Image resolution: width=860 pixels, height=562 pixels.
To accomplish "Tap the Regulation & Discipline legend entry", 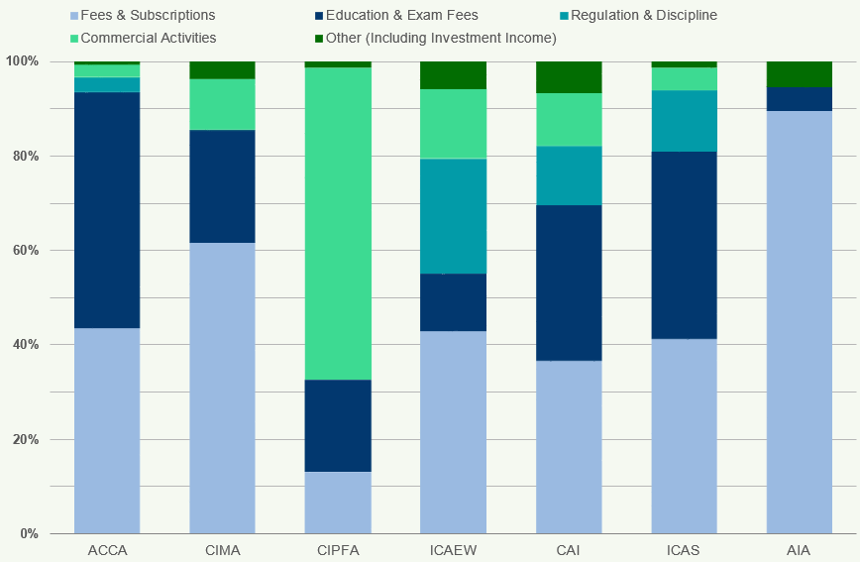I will [643, 15].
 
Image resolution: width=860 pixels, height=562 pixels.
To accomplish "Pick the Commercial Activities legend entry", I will [148, 38].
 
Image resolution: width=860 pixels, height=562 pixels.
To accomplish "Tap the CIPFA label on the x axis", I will [338, 550].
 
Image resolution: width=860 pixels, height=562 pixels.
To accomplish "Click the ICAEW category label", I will [453, 550].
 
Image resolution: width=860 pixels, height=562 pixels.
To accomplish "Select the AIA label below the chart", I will [799, 550].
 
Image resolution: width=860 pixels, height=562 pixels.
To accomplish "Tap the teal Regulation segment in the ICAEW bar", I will [453, 216].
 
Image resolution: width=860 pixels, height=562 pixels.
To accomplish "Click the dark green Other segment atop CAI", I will [569, 77].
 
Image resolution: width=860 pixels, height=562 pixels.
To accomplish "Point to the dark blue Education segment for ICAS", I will [684, 245].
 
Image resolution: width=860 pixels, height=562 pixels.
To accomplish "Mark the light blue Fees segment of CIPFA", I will [338, 503].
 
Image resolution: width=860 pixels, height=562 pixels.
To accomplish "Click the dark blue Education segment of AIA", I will [799, 99].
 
